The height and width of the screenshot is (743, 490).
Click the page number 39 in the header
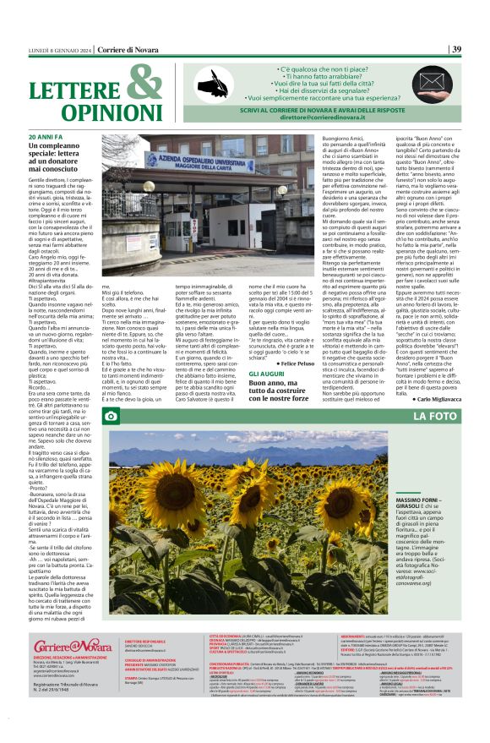pyautogui.click(x=456, y=50)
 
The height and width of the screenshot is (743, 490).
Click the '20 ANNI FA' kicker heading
pyautogui.click(x=45, y=136)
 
